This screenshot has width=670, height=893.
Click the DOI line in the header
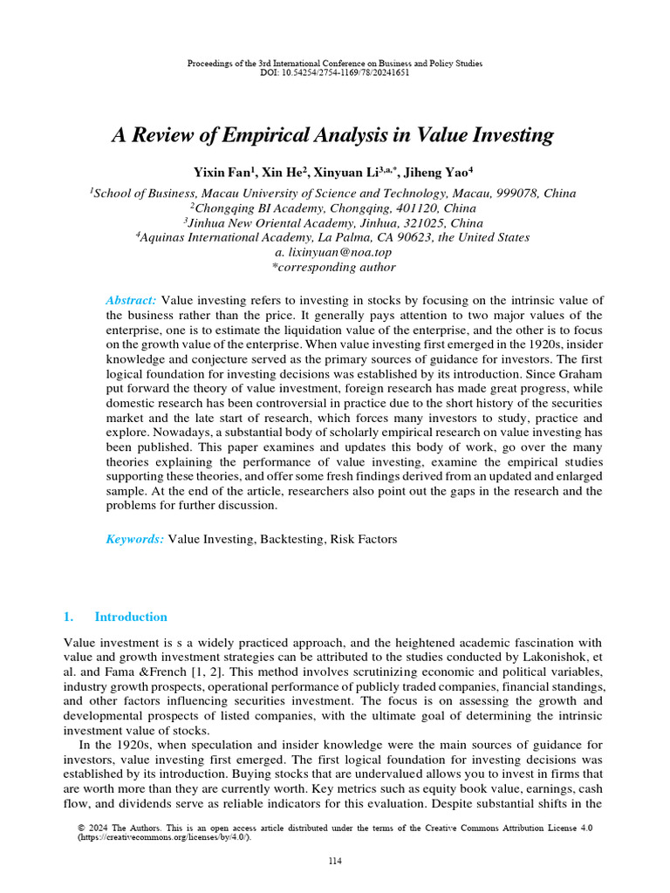tap(335, 72)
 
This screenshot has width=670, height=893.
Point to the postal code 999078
tap(518, 194)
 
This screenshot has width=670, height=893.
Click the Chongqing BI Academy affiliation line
tap(334, 208)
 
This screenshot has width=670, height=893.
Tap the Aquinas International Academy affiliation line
tap(334, 237)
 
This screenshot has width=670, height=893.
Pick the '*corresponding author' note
tap(334, 267)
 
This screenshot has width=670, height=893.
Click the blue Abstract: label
tap(131, 300)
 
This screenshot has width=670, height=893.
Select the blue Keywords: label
tap(134, 540)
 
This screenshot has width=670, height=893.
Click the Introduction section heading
tap(131, 617)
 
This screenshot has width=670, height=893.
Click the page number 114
tap(335, 862)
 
